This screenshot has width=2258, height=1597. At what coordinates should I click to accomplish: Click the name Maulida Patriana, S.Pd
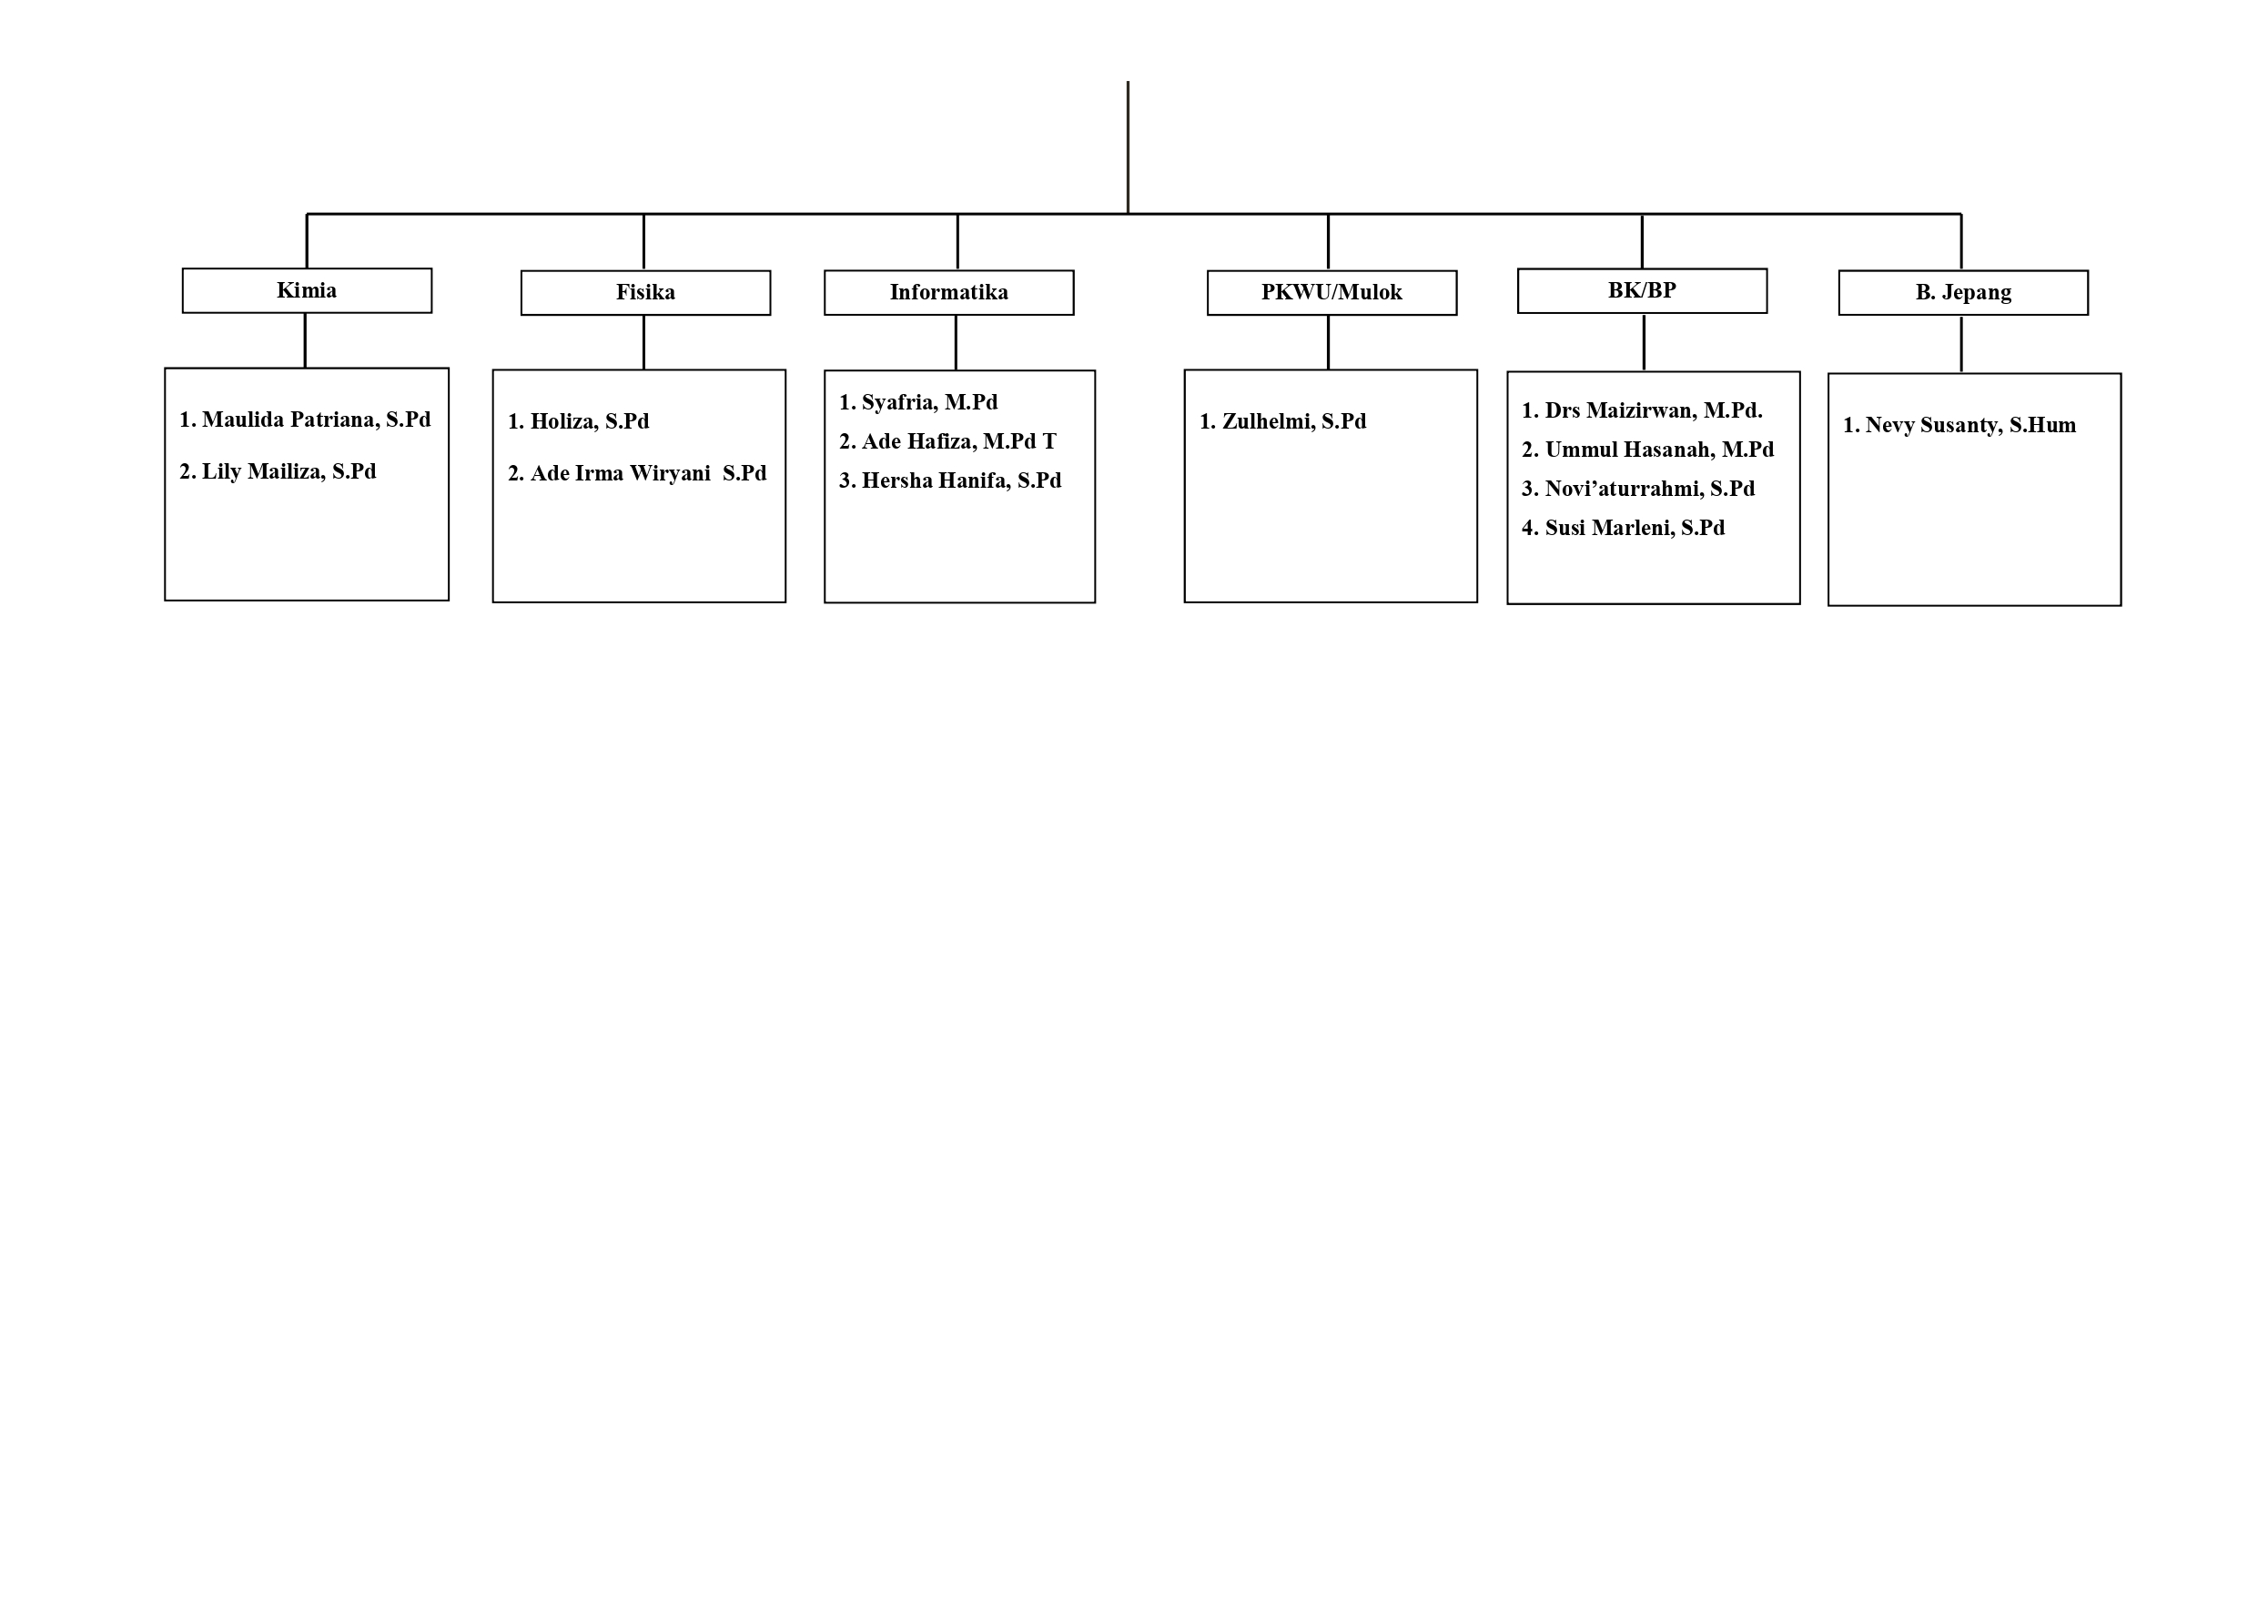coord(317,419)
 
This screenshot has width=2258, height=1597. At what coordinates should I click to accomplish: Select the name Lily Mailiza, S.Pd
coord(289,472)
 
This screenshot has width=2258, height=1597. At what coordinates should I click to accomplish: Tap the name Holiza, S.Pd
coord(590,422)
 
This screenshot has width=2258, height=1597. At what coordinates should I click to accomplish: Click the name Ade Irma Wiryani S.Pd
coord(648,474)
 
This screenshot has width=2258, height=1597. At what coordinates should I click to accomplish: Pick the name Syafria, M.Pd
coord(929,402)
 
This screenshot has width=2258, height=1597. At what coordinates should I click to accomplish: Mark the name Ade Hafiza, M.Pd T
coord(959,441)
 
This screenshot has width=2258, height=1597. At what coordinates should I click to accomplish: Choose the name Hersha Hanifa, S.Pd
coord(962,480)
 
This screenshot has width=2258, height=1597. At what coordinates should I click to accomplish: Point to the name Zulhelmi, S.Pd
coord(1294,422)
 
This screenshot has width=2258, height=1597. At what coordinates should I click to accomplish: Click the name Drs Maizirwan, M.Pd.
coord(1655,411)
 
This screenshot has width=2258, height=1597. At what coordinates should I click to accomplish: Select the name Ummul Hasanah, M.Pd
coord(1660,450)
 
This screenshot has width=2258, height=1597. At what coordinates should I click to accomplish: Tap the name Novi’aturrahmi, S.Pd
coord(1650,489)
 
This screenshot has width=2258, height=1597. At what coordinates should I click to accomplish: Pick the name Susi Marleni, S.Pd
coord(1635,528)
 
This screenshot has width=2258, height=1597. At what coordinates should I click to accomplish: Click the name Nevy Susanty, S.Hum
coord(1970,426)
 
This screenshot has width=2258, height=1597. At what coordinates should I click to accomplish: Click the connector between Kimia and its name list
coord(305,340)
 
